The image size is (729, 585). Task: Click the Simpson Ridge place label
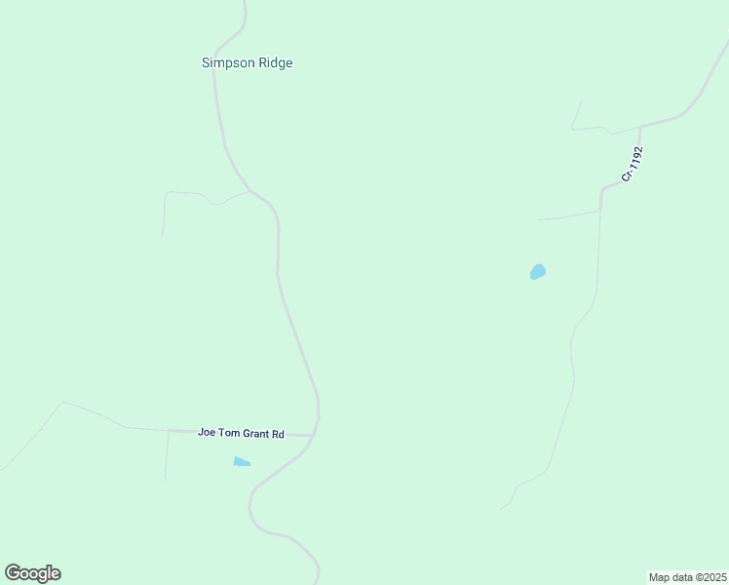[x=247, y=63]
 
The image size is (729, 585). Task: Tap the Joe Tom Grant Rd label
[x=240, y=433]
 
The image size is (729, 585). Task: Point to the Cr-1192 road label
[x=633, y=164]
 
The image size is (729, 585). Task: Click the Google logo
[x=32, y=573]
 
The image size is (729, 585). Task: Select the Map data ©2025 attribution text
[x=688, y=576]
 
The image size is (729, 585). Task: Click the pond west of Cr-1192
[x=537, y=272]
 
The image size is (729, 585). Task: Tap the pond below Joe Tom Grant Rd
[x=242, y=461]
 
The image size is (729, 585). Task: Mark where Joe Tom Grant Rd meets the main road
[x=314, y=434]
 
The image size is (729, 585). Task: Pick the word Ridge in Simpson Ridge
[x=273, y=63]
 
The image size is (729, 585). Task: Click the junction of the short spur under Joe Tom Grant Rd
[x=169, y=430]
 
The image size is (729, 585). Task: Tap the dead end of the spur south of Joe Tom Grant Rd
[x=165, y=479]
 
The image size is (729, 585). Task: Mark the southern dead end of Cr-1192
[x=501, y=509]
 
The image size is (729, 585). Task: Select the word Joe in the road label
[x=206, y=433]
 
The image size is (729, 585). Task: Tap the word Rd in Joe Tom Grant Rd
[x=278, y=433]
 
